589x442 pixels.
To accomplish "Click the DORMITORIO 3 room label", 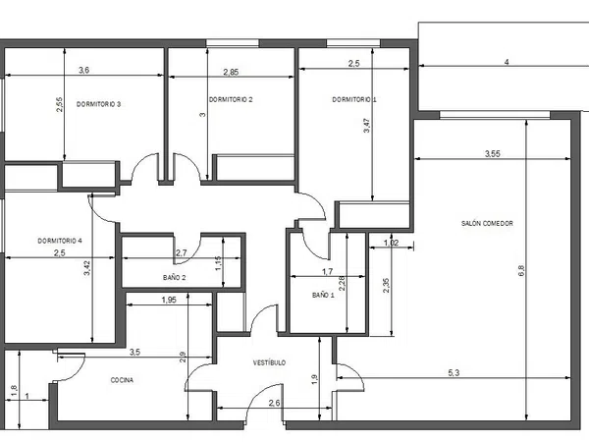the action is pyautogui.click(x=98, y=104).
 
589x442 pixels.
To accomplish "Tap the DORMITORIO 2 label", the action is pyautogui.click(x=231, y=99).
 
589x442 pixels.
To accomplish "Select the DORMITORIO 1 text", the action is pyautogui.click(x=354, y=99).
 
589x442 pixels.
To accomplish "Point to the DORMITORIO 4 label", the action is pyautogui.click(x=60, y=241).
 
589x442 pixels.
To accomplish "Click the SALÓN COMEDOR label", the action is pyautogui.click(x=487, y=223).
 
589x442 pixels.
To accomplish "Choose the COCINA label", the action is pyautogui.click(x=122, y=380).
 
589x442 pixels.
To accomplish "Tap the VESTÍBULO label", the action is pyautogui.click(x=269, y=362).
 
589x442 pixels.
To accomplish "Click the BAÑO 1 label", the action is pyautogui.click(x=323, y=295).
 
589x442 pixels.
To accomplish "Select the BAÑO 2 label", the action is pyautogui.click(x=175, y=278).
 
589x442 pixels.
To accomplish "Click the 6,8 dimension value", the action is pyautogui.click(x=521, y=271).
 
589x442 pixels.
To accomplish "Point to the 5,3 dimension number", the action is pyautogui.click(x=454, y=373).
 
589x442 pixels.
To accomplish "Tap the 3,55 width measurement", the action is pyautogui.click(x=493, y=154).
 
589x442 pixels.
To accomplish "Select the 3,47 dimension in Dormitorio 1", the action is pyautogui.click(x=367, y=126).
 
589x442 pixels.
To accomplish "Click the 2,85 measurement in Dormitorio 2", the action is pyautogui.click(x=231, y=72).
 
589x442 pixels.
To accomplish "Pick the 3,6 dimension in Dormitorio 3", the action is pyautogui.click(x=83, y=70).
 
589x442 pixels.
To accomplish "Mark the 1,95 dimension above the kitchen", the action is pyautogui.click(x=169, y=300).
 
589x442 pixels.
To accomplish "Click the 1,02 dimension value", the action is pyautogui.click(x=391, y=243).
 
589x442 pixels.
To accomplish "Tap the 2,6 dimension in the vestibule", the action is pyautogui.click(x=274, y=403).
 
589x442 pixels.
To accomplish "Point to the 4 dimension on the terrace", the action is pyautogui.click(x=507, y=63).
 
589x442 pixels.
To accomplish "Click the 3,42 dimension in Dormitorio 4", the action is pyautogui.click(x=87, y=268).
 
